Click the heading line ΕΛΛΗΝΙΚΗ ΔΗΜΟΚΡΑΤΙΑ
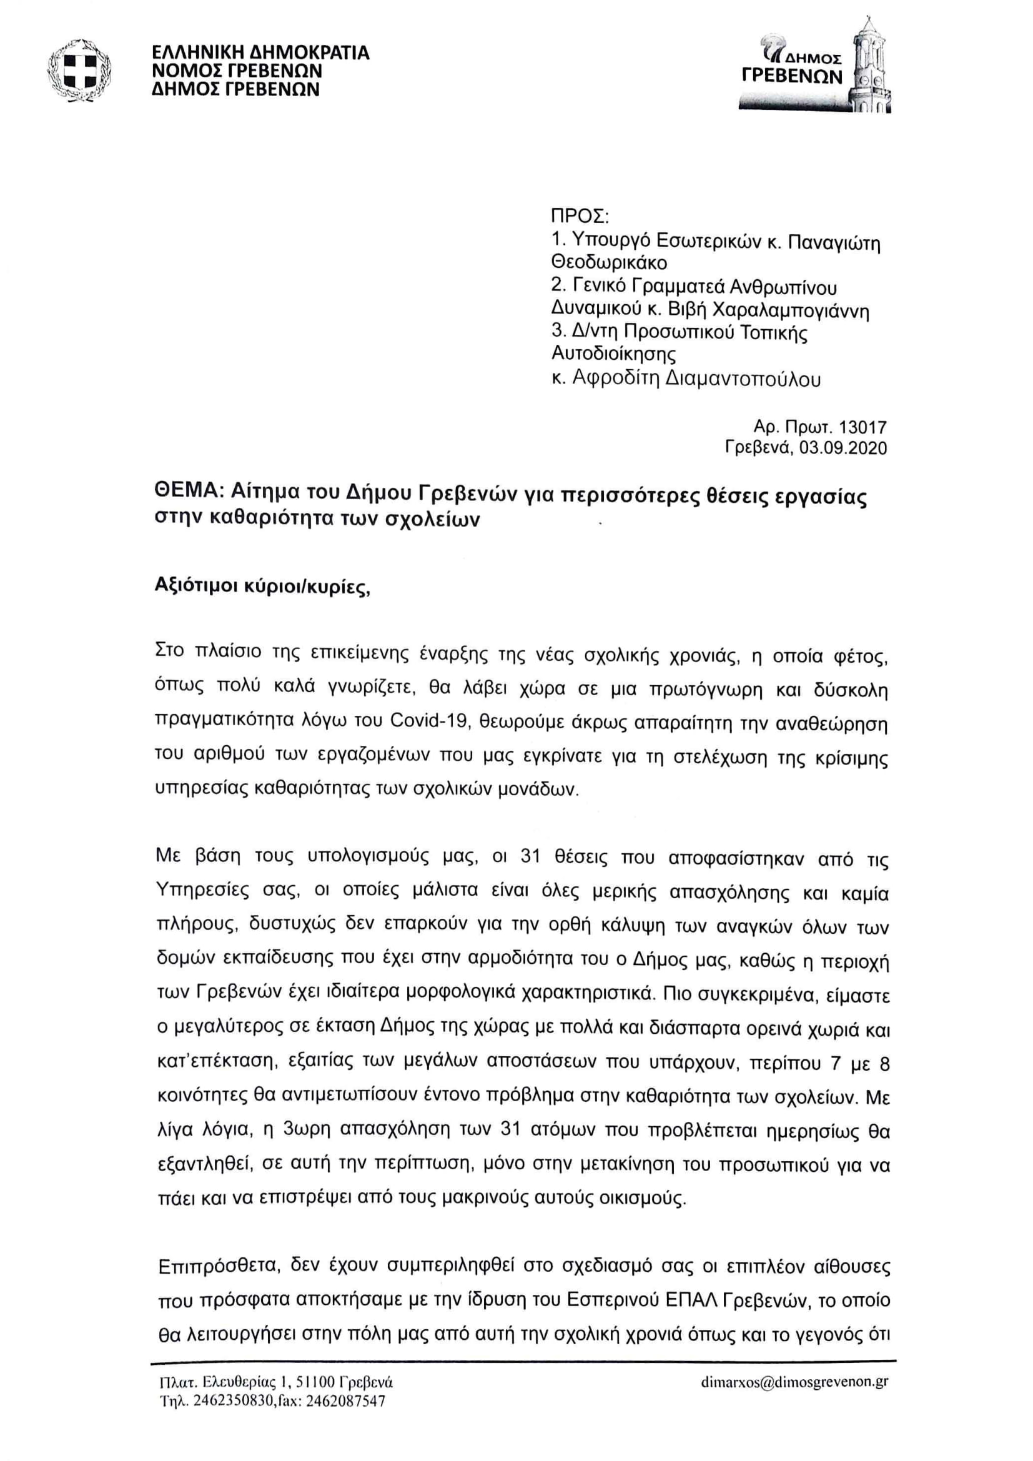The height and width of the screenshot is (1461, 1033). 260,52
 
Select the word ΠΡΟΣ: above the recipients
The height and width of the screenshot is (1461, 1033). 580,216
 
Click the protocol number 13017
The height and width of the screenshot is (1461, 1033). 862,428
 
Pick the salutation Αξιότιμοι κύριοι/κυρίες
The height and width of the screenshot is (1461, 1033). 262,587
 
